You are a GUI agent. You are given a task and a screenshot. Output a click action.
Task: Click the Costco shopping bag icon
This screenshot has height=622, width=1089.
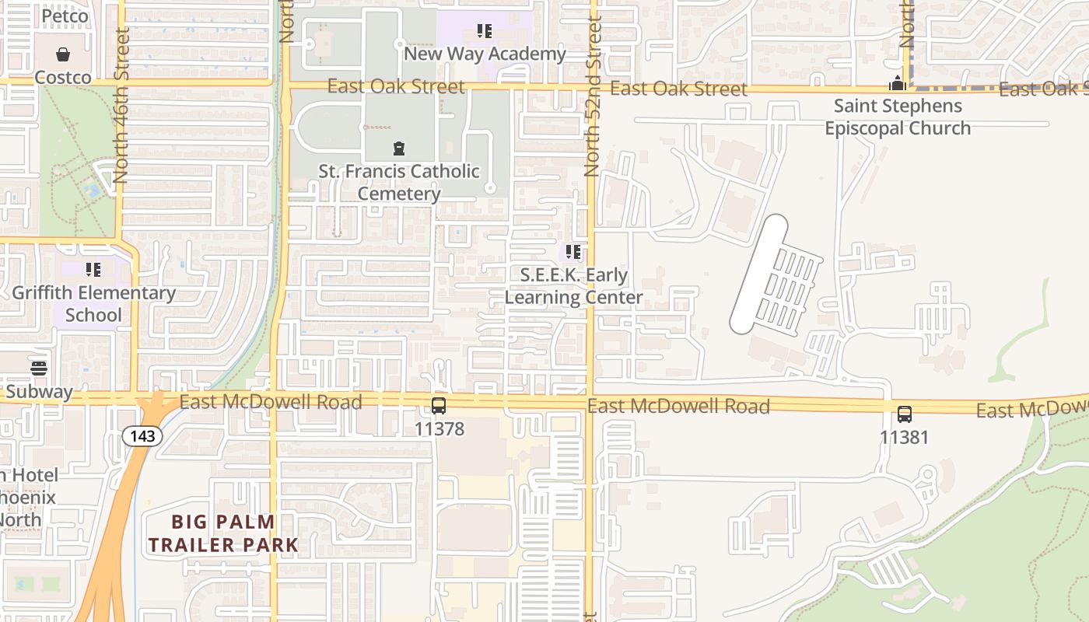62,54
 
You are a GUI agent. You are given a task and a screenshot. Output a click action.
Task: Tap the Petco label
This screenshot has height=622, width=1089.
65,16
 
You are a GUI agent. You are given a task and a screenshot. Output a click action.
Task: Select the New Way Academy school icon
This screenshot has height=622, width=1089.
485,32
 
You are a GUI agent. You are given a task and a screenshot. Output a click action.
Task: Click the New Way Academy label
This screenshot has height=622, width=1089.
485,54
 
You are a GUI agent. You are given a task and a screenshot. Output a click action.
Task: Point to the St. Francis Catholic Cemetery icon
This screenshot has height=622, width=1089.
399,148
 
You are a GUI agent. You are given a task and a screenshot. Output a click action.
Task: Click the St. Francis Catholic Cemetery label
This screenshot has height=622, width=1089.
399,182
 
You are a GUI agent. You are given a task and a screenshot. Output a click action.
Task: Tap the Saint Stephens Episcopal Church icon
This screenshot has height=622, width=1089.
898,83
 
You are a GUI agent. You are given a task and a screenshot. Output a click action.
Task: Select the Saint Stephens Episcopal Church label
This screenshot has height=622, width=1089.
898,117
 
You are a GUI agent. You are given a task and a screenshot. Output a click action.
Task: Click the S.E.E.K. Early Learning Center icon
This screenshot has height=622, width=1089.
573,252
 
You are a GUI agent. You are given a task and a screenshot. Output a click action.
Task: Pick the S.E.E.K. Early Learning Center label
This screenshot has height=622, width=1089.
573,286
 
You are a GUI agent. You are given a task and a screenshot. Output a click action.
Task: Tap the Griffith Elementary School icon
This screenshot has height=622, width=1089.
93,270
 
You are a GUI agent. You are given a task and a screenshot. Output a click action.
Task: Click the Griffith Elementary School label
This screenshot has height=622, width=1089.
93,304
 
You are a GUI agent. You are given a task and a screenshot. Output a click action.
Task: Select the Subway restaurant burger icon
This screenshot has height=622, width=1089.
39,369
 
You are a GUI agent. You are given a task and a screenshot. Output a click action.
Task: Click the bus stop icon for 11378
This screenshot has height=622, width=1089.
439,405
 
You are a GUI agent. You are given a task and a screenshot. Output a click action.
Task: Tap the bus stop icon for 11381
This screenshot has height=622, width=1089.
904,414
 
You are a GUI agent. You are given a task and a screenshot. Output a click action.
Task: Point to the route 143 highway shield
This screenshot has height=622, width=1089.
142,436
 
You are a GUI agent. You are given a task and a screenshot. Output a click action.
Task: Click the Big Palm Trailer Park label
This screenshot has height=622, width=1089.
223,533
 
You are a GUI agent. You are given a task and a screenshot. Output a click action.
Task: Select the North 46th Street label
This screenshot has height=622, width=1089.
121,106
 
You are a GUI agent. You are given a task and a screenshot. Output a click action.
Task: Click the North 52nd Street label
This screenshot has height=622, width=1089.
594,98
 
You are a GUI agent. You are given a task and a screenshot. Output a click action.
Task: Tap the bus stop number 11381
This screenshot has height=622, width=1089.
904,437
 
